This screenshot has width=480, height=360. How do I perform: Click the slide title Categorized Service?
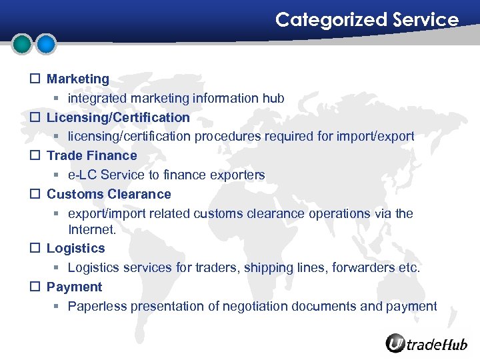367,20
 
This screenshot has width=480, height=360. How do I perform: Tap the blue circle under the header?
45,45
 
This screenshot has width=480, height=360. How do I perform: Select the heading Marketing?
77,79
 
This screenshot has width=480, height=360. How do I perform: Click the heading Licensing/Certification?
118,117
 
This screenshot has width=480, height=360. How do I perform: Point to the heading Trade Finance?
91,155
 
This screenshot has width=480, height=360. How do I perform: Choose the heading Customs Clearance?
109,194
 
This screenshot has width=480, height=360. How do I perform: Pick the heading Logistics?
75,248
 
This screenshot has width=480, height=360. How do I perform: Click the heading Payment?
74,287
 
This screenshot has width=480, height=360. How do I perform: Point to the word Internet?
91,229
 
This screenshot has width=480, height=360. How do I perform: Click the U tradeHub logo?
427,343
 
